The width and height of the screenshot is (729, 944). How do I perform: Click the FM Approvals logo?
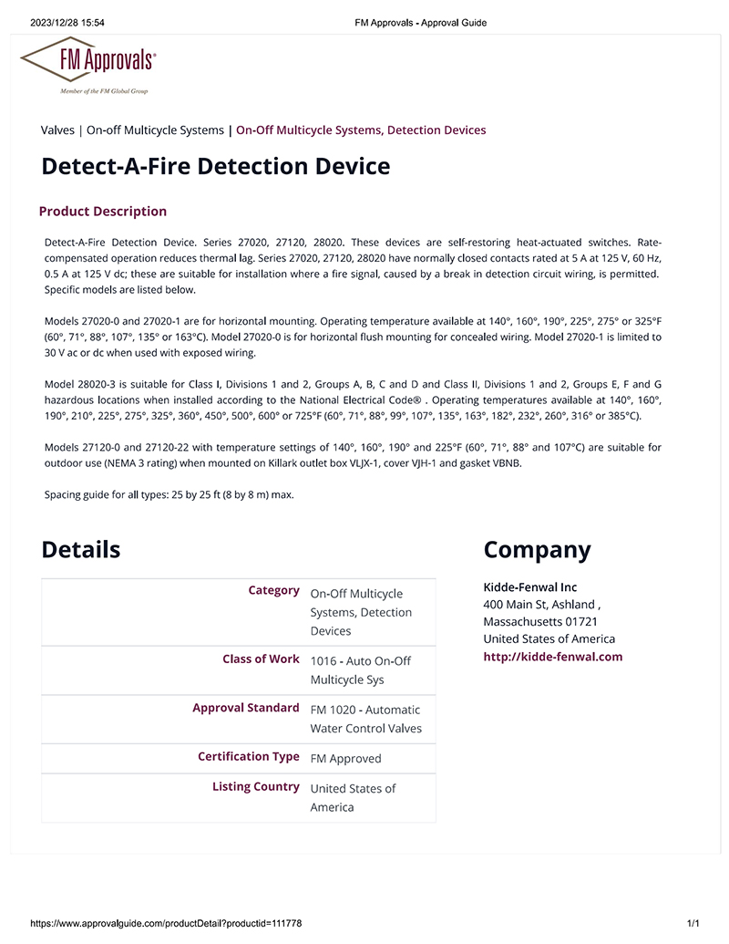click(x=88, y=66)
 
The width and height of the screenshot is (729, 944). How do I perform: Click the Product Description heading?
click(x=103, y=212)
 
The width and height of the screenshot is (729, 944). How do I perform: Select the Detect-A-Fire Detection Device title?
click(x=216, y=167)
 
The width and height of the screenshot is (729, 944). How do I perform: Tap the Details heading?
click(x=80, y=550)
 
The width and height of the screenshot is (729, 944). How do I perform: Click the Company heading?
click(x=537, y=550)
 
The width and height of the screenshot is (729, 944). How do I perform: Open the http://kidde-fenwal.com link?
click(x=552, y=657)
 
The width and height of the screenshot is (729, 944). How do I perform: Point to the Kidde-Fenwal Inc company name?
click(x=529, y=587)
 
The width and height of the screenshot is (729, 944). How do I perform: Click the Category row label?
click(x=273, y=591)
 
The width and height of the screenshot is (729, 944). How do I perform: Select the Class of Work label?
click(x=261, y=659)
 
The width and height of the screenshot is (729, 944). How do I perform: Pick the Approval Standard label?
click(x=245, y=708)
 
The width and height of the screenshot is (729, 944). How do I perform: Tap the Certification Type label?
click(x=248, y=757)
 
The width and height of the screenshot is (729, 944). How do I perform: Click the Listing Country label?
click(x=255, y=787)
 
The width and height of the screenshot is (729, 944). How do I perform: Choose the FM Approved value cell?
click(x=345, y=759)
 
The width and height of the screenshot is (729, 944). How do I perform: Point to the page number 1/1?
click(x=693, y=924)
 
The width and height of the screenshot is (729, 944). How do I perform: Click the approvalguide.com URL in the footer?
click(x=166, y=924)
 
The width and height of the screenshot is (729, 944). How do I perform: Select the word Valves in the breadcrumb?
click(x=57, y=130)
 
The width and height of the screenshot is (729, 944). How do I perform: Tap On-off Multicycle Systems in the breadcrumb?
click(x=155, y=130)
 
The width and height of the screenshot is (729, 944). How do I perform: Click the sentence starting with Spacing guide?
click(x=169, y=495)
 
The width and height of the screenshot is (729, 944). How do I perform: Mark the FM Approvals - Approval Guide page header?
click(x=420, y=23)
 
